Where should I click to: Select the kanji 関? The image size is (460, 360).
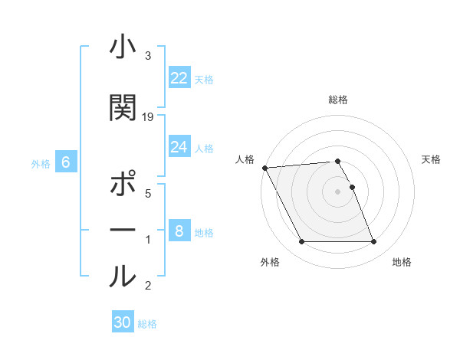123,108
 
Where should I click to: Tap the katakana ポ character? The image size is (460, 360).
123,185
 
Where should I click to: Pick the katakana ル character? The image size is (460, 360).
123,276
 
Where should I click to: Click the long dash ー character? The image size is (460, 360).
123,230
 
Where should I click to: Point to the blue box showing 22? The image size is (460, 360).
179,78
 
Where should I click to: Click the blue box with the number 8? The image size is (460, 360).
179,231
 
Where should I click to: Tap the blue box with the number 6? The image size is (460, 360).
66,162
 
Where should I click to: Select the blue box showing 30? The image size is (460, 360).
123,322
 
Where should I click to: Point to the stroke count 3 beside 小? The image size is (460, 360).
148,56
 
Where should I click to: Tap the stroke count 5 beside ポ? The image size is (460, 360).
148,194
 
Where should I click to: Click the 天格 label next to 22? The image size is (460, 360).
204,80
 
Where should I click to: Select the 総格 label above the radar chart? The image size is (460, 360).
338,100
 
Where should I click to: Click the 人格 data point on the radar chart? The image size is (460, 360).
264,168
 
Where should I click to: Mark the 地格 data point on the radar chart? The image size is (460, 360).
373,242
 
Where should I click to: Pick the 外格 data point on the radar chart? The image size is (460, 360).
301,242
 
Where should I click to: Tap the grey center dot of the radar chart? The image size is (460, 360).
337,191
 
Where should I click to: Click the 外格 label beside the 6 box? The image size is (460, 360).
41,164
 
